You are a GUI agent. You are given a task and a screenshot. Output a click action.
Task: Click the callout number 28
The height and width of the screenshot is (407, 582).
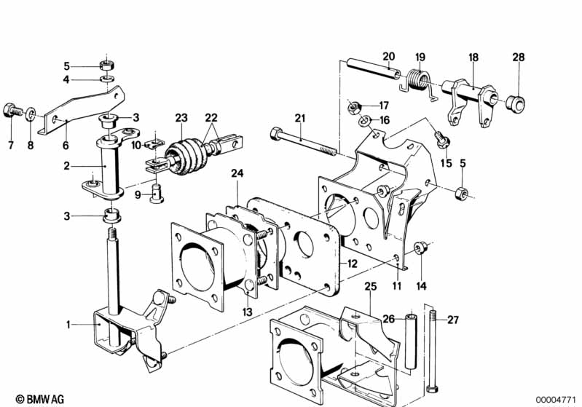click(x=519, y=57)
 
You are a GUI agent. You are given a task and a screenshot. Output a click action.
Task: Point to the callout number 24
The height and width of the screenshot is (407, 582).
click(x=237, y=173)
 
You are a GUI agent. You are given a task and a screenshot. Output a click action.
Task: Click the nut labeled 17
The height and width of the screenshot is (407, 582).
click(x=354, y=108)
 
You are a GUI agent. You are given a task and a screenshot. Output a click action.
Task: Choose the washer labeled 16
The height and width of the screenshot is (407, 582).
click(x=364, y=121)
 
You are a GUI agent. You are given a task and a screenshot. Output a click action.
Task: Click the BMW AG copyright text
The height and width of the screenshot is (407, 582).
click(x=40, y=399)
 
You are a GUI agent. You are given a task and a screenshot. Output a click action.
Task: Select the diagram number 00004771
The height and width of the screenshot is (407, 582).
click(x=555, y=400)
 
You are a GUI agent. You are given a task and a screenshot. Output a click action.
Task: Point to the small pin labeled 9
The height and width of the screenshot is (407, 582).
click(x=157, y=193)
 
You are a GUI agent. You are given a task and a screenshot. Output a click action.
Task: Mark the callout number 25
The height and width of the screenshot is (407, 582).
click(x=371, y=286)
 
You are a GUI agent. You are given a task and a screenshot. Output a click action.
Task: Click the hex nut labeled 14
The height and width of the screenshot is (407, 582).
click(x=420, y=248)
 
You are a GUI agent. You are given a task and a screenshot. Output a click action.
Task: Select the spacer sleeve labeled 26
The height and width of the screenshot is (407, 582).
click(x=411, y=341)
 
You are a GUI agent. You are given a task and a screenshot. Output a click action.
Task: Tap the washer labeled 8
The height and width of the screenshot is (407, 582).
click(x=31, y=114)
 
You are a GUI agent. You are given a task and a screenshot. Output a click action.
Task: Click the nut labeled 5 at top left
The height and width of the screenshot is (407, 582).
click(x=107, y=66)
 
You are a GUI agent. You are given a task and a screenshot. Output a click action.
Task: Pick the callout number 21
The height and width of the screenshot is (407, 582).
click(x=300, y=119)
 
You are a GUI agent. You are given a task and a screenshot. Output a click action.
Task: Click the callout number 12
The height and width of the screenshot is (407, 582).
click(x=352, y=264)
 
